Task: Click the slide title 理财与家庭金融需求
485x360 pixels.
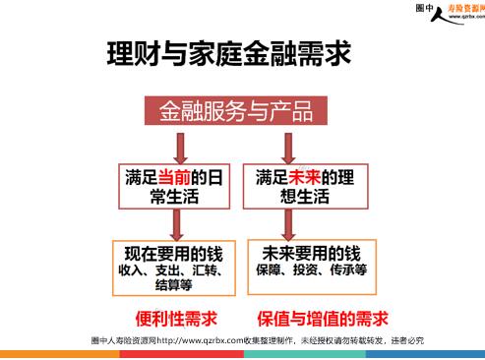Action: pos(229,53)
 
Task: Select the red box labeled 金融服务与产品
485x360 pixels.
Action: pos(236,110)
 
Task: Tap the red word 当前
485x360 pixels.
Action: pos(174,178)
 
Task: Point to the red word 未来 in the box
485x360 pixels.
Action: pos(305,178)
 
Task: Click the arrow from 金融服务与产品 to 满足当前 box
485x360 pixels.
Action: pos(181,149)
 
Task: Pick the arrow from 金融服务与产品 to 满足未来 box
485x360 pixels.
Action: pos(288,149)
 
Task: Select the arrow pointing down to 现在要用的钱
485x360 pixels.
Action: pos(177,225)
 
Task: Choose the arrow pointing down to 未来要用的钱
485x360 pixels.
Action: pos(288,225)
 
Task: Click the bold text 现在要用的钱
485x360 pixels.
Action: pos(174,254)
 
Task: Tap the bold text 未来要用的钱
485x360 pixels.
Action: pos(312,254)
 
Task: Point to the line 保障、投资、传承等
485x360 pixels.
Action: pos(312,270)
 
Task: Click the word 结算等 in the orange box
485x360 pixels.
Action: pos(174,284)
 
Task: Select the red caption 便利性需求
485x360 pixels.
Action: pos(176,319)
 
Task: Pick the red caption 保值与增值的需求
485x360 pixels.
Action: pos(323,319)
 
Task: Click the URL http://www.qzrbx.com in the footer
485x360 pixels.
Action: pos(200,340)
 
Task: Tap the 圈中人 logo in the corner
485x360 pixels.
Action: pos(451,13)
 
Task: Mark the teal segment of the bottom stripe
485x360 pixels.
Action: pos(305,354)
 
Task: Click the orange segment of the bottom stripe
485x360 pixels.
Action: pos(60,354)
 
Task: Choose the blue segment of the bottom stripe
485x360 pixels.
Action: pos(425,354)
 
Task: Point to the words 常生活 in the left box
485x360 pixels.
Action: pos(174,197)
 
